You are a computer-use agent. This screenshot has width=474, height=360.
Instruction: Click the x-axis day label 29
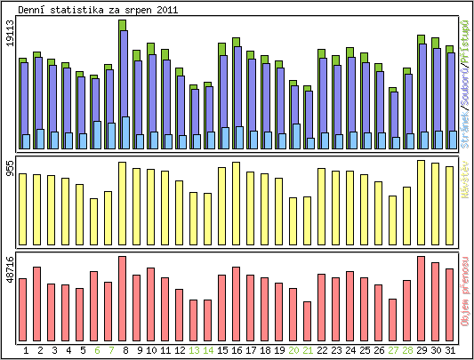422,351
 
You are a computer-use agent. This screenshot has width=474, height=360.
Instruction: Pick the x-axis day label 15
222,351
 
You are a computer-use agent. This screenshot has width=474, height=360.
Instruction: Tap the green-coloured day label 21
308,351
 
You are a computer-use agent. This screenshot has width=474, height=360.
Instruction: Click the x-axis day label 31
450,351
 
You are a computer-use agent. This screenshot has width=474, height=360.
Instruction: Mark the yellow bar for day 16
237,194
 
